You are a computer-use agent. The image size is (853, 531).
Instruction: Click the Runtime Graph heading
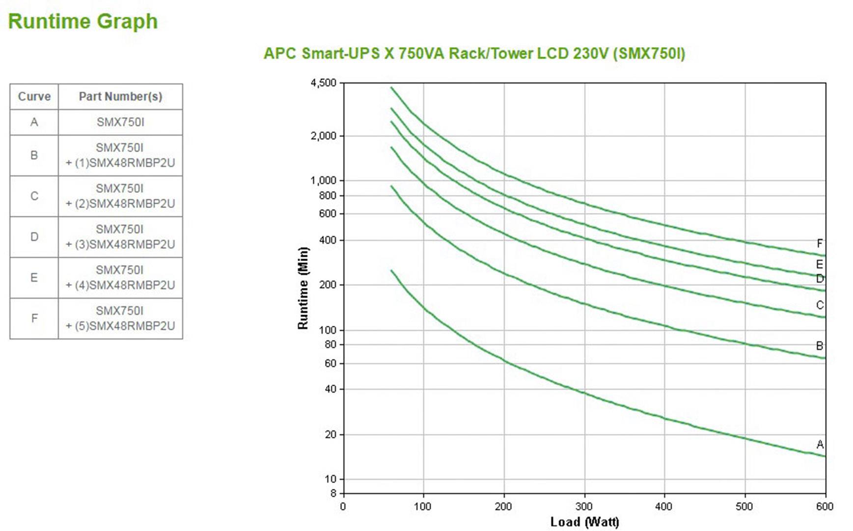click(x=83, y=22)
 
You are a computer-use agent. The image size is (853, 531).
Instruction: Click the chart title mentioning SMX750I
click(x=474, y=53)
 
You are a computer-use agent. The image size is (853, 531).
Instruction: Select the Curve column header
click(x=34, y=97)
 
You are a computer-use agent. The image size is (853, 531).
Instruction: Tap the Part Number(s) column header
click(x=120, y=97)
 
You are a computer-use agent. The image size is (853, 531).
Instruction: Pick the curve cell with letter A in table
click(x=34, y=122)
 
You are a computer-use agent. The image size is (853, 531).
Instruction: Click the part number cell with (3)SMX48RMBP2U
click(x=120, y=237)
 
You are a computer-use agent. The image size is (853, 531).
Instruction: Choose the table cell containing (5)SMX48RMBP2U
click(x=120, y=319)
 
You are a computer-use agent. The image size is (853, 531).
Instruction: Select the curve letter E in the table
click(x=34, y=278)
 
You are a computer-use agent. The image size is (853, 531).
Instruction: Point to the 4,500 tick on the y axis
click(x=324, y=83)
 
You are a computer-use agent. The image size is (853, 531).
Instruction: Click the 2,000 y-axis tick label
click(x=324, y=136)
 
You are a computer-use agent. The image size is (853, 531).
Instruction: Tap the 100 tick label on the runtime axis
click(x=328, y=330)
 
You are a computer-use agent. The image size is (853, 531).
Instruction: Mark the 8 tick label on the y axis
click(x=333, y=493)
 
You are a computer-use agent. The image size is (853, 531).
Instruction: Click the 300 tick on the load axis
click(x=584, y=506)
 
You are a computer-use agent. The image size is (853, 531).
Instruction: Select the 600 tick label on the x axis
click(x=825, y=506)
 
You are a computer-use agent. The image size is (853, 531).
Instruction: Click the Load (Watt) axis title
click(x=584, y=522)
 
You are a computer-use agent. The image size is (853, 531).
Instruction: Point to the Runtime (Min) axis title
click(x=303, y=288)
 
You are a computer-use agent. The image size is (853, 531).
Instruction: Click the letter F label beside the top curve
click(x=820, y=243)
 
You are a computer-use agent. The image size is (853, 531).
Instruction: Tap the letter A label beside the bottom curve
click(x=820, y=445)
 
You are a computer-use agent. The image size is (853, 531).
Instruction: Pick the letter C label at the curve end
click(x=820, y=305)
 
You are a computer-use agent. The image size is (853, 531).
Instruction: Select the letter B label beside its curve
click(x=820, y=346)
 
